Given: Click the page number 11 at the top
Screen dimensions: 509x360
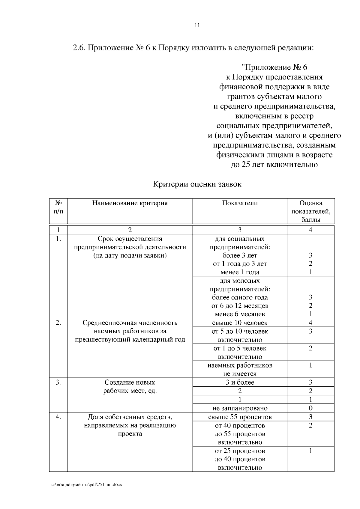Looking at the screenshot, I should pyautogui.click(x=197, y=25).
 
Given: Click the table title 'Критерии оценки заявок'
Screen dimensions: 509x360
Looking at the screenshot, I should pyautogui.click(x=197, y=184).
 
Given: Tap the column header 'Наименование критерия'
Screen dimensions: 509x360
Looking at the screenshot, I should pyautogui.click(x=130, y=203).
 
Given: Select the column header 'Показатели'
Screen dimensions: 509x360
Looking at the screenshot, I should pyautogui.click(x=240, y=203).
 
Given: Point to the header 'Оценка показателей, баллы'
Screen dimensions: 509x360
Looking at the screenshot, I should pyautogui.click(x=310, y=211).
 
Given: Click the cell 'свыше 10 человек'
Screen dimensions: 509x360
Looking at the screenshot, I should pyautogui.click(x=240, y=323).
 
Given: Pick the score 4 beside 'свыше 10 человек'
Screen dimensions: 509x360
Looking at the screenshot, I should pyautogui.click(x=310, y=323).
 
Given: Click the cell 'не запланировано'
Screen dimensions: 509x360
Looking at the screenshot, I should pyautogui.click(x=240, y=408).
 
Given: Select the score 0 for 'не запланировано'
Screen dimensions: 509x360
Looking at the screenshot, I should pyautogui.click(x=310, y=408).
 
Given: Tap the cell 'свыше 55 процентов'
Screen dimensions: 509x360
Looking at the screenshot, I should pyautogui.click(x=240, y=417).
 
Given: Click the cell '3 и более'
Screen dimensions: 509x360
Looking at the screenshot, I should pyautogui.click(x=240, y=382).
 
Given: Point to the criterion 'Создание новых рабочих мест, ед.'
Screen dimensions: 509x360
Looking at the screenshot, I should pyautogui.click(x=130, y=387).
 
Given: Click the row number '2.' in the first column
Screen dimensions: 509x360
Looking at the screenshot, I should pyautogui.click(x=58, y=323).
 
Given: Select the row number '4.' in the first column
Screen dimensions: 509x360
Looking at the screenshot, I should pyautogui.click(x=58, y=417).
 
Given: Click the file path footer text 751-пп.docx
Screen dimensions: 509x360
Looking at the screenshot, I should pyautogui.click(x=87, y=485).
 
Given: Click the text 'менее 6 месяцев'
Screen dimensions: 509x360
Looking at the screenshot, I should pyautogui.click(x=240, y=314).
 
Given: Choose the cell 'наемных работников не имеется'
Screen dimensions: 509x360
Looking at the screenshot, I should pyautogui.click(x=240, y=369).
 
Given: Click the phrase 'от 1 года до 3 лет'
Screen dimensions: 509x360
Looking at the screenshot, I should pyautogui.click(x=240, y=264).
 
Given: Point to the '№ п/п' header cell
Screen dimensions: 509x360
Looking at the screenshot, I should pyautogui.click(x=58, y=207).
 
